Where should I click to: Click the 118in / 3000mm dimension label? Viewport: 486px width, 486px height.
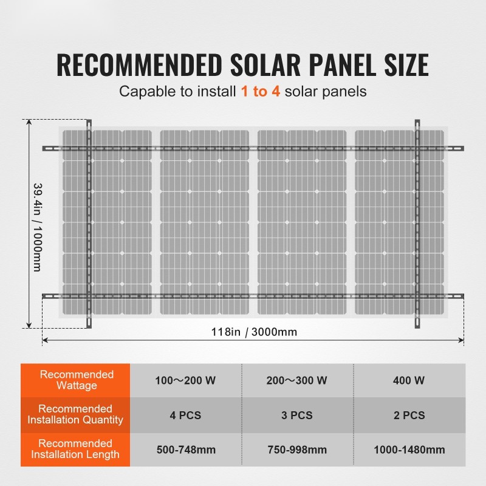(253, 332)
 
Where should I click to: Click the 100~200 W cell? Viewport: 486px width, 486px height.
(185, 381)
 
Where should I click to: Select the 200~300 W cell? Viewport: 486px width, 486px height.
(296, 381)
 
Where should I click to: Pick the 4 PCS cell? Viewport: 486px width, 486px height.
(185, 416)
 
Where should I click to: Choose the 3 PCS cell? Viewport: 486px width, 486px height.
(296, 416)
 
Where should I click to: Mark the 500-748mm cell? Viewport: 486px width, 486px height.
(185, 450)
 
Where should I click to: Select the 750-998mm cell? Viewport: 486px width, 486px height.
(296, 450)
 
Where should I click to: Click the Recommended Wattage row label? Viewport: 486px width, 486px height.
(77, 380)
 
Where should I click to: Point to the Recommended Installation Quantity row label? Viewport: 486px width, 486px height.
(77, 414)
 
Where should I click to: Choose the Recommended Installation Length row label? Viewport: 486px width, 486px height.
(77, 449)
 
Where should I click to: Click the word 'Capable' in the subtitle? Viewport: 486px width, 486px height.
(142, 92)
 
